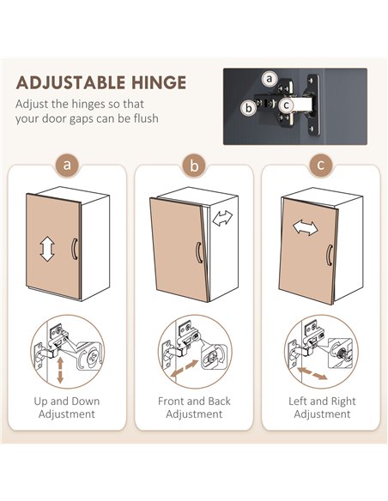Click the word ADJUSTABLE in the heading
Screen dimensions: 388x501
(x=70, y=82)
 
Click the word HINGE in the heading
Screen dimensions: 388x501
(x=159, y=82)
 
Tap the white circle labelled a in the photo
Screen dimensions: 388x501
(x=270, y=79)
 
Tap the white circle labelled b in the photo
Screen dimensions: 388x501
(x=248, y=108)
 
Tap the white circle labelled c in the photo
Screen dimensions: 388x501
(x=286, y=106)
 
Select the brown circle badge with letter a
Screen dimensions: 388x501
(x=67, y=166)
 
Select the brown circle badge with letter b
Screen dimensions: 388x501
(x=194, y=166)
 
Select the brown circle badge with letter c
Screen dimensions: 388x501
(x=321, y=166)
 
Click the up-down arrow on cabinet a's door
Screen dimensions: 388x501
(x=47, y=249)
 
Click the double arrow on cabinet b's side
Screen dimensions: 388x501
(x=222, y=218)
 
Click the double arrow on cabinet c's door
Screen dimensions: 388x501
(x=306, y=227)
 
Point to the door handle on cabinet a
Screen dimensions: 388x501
(x=74, y=249)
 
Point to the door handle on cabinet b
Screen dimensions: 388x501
(x=198, y=252)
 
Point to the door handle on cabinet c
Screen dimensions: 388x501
(x=329, y=255)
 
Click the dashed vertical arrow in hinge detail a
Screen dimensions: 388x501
(x=60, y=371)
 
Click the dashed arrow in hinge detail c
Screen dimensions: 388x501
(x=312, y=373)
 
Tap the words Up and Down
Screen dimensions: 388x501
(x=67, y=401)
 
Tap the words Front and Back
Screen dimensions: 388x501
(x=194, y=401)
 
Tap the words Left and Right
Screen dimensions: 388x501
(x=322, y=401)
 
